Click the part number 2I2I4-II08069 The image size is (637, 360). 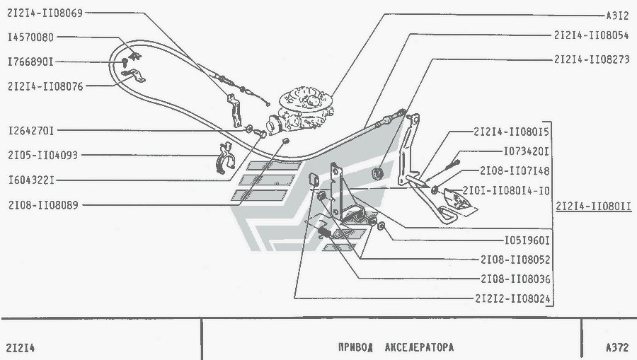coord(45,13)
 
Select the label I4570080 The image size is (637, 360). coord(31,37)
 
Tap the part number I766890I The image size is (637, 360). coord(30,62)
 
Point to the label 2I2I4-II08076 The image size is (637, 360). coord(45,86)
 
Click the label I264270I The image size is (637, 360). coord(31,131)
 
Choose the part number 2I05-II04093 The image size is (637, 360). coord(42,155)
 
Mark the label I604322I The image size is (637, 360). coord(31,180)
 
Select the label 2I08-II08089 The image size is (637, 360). coord(43,205)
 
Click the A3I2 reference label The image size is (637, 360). coord(617,16)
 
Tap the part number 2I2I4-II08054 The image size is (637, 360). coord(592,35)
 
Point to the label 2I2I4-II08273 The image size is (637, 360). coord(592,59)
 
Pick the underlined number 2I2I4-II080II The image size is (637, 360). coord(594,207)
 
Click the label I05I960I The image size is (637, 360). coord(527,240)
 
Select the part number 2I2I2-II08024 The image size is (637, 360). coord(512,298)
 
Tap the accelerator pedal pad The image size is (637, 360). coord(460,202)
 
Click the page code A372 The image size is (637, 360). coord(617,347)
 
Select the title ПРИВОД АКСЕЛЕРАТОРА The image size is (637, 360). coord(396,347)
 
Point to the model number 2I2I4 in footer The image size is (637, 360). coord(21,348)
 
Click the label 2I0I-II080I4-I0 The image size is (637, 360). coord(506,191)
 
